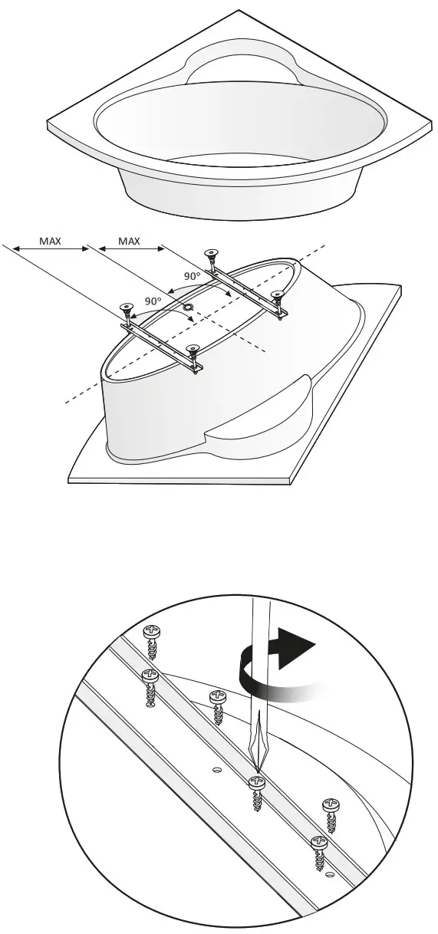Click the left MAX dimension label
click(x=51, y=241)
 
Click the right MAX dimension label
click(x=129, y=241)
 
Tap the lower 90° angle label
click(x=153, y=301)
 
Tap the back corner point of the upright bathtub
click(x=239, y=11)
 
